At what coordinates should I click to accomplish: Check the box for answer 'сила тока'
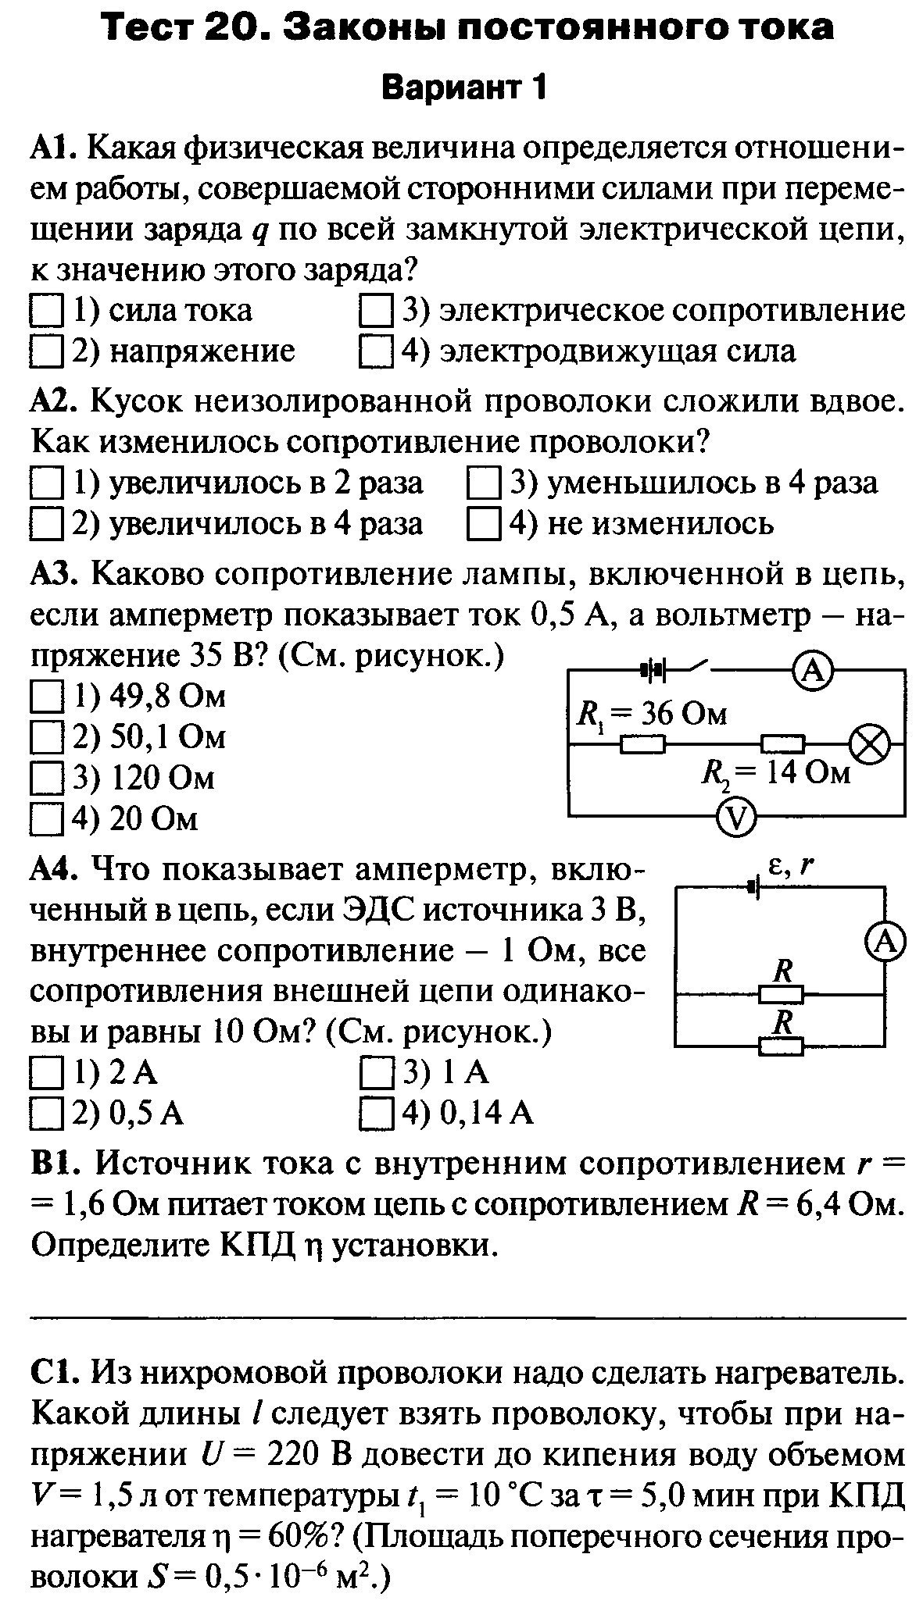coord(45,312)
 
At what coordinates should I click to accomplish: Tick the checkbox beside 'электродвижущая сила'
coord(376,351)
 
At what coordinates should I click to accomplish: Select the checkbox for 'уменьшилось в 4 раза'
coord(483,484)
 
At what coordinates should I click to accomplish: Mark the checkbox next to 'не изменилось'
coord(483,524)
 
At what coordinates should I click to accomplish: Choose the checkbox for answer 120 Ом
coord(45,779)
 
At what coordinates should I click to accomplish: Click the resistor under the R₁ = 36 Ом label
coord(642,746)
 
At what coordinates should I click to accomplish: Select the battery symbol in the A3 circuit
coord(653,670)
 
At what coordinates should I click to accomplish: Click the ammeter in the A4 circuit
coord(885,943)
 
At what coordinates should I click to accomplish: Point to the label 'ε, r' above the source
coord(789,866)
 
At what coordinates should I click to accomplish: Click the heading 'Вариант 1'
coord(462,87)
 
